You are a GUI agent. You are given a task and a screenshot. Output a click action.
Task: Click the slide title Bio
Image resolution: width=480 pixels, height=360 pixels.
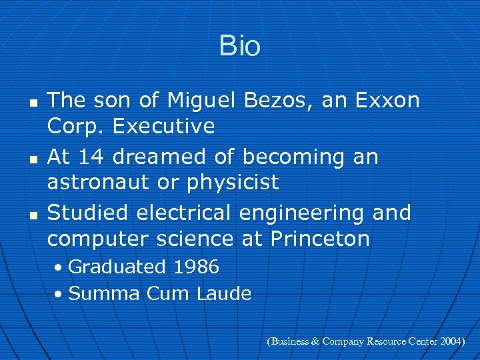239,47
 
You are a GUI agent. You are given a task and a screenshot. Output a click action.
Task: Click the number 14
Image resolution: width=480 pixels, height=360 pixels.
92,157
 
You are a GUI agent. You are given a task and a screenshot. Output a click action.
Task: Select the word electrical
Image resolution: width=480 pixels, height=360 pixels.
183,213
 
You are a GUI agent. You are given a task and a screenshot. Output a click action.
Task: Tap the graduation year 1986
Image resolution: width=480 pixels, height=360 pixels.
195,267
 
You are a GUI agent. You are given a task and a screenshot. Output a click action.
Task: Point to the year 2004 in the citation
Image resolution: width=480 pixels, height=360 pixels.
451,341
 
